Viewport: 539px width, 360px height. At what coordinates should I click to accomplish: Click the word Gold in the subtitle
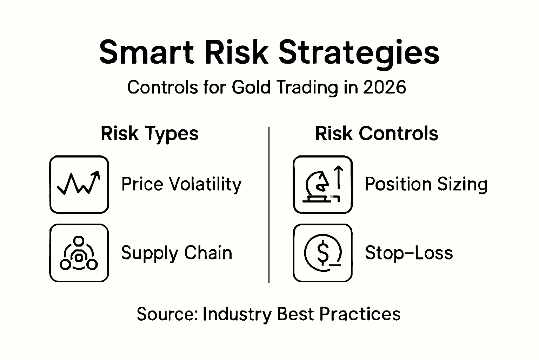point(251,87)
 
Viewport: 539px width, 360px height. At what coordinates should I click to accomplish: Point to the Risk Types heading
point(149,134)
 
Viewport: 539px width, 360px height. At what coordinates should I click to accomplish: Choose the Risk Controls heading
point(377,134)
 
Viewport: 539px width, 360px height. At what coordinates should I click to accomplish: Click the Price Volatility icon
point(79,185)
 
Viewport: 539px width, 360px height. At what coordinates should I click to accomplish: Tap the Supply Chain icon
point(79,253)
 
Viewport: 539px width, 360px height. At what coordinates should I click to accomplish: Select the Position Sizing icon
point(322,185)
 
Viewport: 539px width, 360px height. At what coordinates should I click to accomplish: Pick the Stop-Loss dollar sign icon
point(322,253)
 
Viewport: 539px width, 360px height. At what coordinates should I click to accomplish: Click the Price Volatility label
point(181,184)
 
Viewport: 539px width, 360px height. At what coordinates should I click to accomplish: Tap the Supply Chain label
point(177,253)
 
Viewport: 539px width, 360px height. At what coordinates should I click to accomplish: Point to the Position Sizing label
point(426,184)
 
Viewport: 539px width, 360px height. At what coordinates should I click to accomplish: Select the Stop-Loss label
point(409,253)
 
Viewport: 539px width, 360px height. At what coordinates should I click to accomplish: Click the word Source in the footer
point(167,314)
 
